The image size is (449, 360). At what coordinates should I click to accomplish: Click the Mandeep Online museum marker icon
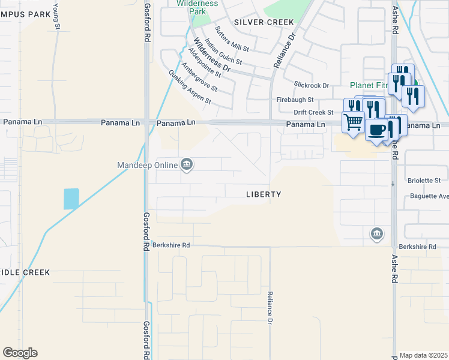pyautogui.click(x=187, y=164)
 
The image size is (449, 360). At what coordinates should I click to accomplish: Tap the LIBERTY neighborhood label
pyautogui.click(x=264, y=194)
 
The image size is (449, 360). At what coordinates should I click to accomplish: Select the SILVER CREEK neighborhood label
pyautogui.click(x=264, y=22)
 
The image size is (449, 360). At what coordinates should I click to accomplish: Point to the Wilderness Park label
pyautogui.click(x=200, y=7)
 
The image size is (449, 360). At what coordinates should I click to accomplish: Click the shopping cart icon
pyautogui.click(x=353, y=122)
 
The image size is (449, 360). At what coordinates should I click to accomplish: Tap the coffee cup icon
pyautogui.click(x=376, y=130)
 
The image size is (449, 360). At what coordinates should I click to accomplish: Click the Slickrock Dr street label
pyautogui.click(x=312, y=85)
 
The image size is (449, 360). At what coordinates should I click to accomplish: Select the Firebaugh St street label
pyautogui.click(x=295, y=100)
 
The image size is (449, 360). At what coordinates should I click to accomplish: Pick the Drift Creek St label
pyautogui.click(x=313, y=112)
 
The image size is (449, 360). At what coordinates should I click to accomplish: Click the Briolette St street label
pyautogui.click(x=425, y=180)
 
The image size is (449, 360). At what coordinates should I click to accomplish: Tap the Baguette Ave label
pyautogui.click(x=429, y=196)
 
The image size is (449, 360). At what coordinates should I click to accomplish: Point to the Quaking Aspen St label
pyautogui.click(x=190, y=87)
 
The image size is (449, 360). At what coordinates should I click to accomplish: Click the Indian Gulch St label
pyautogui.click(x=223, y=52)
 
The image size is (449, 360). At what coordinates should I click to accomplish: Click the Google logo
pyautogui.click(x=20, y=353)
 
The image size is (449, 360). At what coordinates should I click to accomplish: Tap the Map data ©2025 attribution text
pyautogui.click(x=424, y=355)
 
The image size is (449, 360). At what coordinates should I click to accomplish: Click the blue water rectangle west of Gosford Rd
pyautogui.click(x=71, y=199)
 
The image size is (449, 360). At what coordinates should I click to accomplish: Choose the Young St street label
pyautogui.click(x=56, y=15)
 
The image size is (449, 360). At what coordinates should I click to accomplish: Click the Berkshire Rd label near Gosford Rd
pyautogui.click(x=171, y=245)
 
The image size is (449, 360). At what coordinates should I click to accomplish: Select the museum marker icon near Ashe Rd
pyautogui.click(x=376, y=233)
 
